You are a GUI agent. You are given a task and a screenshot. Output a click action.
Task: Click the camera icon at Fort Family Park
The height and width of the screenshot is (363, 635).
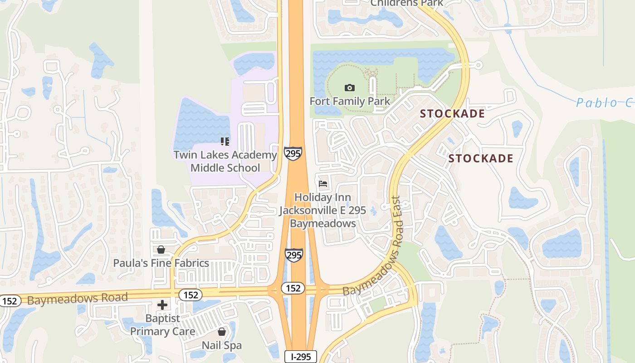[x=349, y=88]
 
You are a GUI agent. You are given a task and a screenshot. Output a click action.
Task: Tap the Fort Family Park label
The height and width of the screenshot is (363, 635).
[x=350, y=101]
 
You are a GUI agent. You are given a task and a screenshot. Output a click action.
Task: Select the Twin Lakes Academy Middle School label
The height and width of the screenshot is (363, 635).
[x=225, y=161]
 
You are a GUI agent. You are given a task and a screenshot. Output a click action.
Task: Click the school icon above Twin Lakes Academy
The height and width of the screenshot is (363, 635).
[x=225, y=142]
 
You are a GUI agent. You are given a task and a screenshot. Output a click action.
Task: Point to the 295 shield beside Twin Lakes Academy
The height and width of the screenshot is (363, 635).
[x=293, y=153]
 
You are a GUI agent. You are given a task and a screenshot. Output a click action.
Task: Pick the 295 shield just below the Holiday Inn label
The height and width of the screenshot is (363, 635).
[x=293, y=255]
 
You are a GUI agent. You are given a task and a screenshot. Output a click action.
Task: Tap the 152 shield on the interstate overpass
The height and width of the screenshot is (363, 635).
[x=293, y=288]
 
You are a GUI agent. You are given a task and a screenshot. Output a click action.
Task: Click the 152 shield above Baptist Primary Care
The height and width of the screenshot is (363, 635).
[x=190, y=295]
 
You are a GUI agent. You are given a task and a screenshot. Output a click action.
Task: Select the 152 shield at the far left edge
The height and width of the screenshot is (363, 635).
[x=9, y=300]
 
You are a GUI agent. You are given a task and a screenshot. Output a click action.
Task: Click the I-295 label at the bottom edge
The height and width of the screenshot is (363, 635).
[x=301, y=357]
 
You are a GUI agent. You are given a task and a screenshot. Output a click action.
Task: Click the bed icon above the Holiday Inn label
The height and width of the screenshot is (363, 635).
[x=323, y=184]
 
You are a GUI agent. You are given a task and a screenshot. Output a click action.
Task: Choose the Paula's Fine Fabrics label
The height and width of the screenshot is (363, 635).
[x=161, y=263]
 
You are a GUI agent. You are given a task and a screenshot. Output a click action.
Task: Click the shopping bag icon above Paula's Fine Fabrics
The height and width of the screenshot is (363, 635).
[x=161, y=250]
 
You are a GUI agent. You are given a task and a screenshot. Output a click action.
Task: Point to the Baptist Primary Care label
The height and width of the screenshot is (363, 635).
[x=163, y=325]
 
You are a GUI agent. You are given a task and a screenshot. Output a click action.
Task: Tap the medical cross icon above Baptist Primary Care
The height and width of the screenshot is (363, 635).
[x=162, y=305]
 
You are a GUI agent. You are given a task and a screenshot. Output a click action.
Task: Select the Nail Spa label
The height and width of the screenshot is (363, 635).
[x=222, y=345]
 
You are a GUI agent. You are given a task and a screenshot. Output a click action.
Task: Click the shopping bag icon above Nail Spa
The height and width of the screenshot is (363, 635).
[x=222, y=332]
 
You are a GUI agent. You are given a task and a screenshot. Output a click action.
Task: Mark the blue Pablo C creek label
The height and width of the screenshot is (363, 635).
[x=604, y=103]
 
